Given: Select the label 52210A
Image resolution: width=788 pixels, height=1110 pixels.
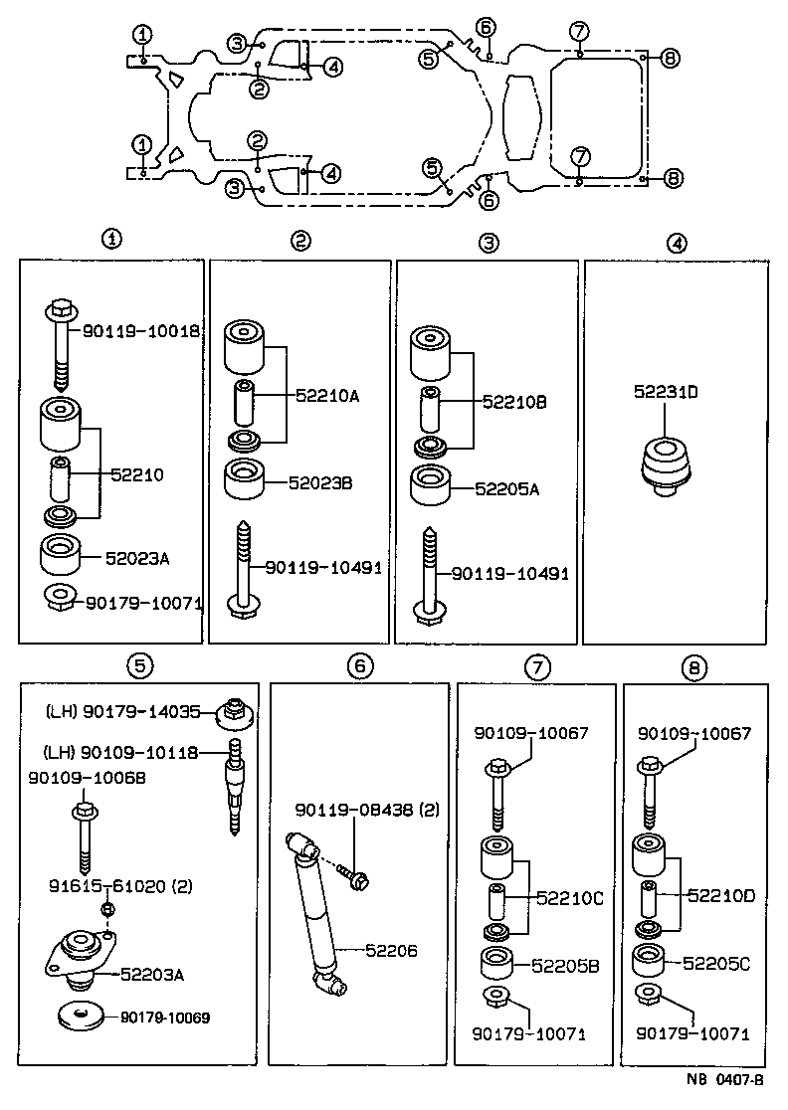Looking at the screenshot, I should pos(326,395).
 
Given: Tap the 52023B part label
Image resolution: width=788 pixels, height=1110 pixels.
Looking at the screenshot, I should pos(320,483).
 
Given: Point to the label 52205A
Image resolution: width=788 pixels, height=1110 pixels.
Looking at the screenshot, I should pos(507,488).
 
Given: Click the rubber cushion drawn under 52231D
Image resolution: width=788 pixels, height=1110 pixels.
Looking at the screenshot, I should pos(665,463).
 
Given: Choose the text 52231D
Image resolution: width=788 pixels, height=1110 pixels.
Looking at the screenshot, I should pos(666,392).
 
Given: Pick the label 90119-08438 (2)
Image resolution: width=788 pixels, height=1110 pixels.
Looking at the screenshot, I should pos(365,812).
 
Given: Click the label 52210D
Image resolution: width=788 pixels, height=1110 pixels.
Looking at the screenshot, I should pos(721,895).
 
